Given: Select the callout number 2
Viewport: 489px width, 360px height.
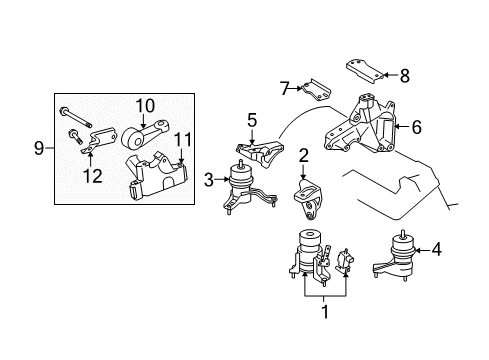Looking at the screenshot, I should pyautogui.click(x=302, y=155).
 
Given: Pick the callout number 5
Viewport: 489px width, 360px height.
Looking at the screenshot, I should pyautogui.click(x=252, y=120).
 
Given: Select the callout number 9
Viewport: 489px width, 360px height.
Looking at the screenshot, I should pyautogui.click(x=39, y=149).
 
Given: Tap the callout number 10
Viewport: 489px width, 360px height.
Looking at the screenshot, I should pyautogui.click(x=146, y=103).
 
